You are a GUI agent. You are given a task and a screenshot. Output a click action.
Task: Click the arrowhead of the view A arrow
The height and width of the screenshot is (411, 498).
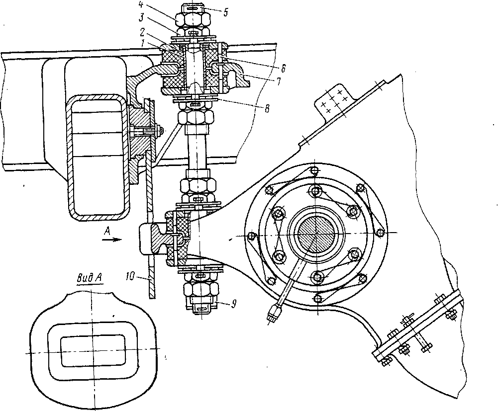(118, 239)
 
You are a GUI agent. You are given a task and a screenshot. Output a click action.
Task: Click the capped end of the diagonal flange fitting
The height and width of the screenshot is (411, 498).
(274, 314)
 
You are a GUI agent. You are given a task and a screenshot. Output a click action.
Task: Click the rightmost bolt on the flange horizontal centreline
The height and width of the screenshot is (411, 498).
(381, 233)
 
